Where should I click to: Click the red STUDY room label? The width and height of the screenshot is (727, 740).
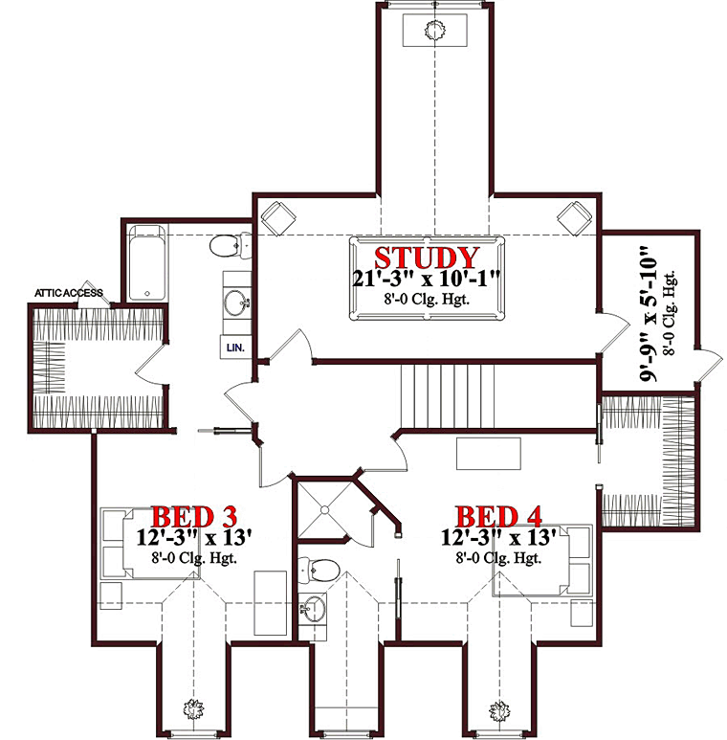tap(427, 258)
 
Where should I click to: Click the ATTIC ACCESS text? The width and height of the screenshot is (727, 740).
tap(69, 293)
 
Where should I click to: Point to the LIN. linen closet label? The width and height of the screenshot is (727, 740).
tap(235, 348)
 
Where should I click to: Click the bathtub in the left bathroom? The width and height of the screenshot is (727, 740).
tap(147, 262)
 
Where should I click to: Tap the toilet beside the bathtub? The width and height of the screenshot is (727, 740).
tap(231, 245)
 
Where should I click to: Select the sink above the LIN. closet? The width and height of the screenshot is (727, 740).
tap(236, 303)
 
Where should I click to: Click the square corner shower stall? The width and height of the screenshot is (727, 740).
tap(324, 509)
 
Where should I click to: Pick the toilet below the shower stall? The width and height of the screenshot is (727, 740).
tap(319, 571)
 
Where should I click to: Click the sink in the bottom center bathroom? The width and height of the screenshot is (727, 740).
tap(312, 608)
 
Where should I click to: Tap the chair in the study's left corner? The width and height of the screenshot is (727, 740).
tap(278, 218)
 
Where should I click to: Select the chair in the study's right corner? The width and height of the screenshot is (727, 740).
tap(574, 218)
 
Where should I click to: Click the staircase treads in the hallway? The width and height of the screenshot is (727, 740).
tap(448, 396)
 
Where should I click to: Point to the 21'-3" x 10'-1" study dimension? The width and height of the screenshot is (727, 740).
tap(427, 279)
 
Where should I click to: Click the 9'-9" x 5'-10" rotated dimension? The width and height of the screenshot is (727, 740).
tap(649, 313)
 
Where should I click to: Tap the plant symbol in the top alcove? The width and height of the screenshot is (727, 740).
tap(434, 31)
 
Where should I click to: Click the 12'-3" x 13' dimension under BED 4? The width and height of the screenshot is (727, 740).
tap(498, 537)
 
